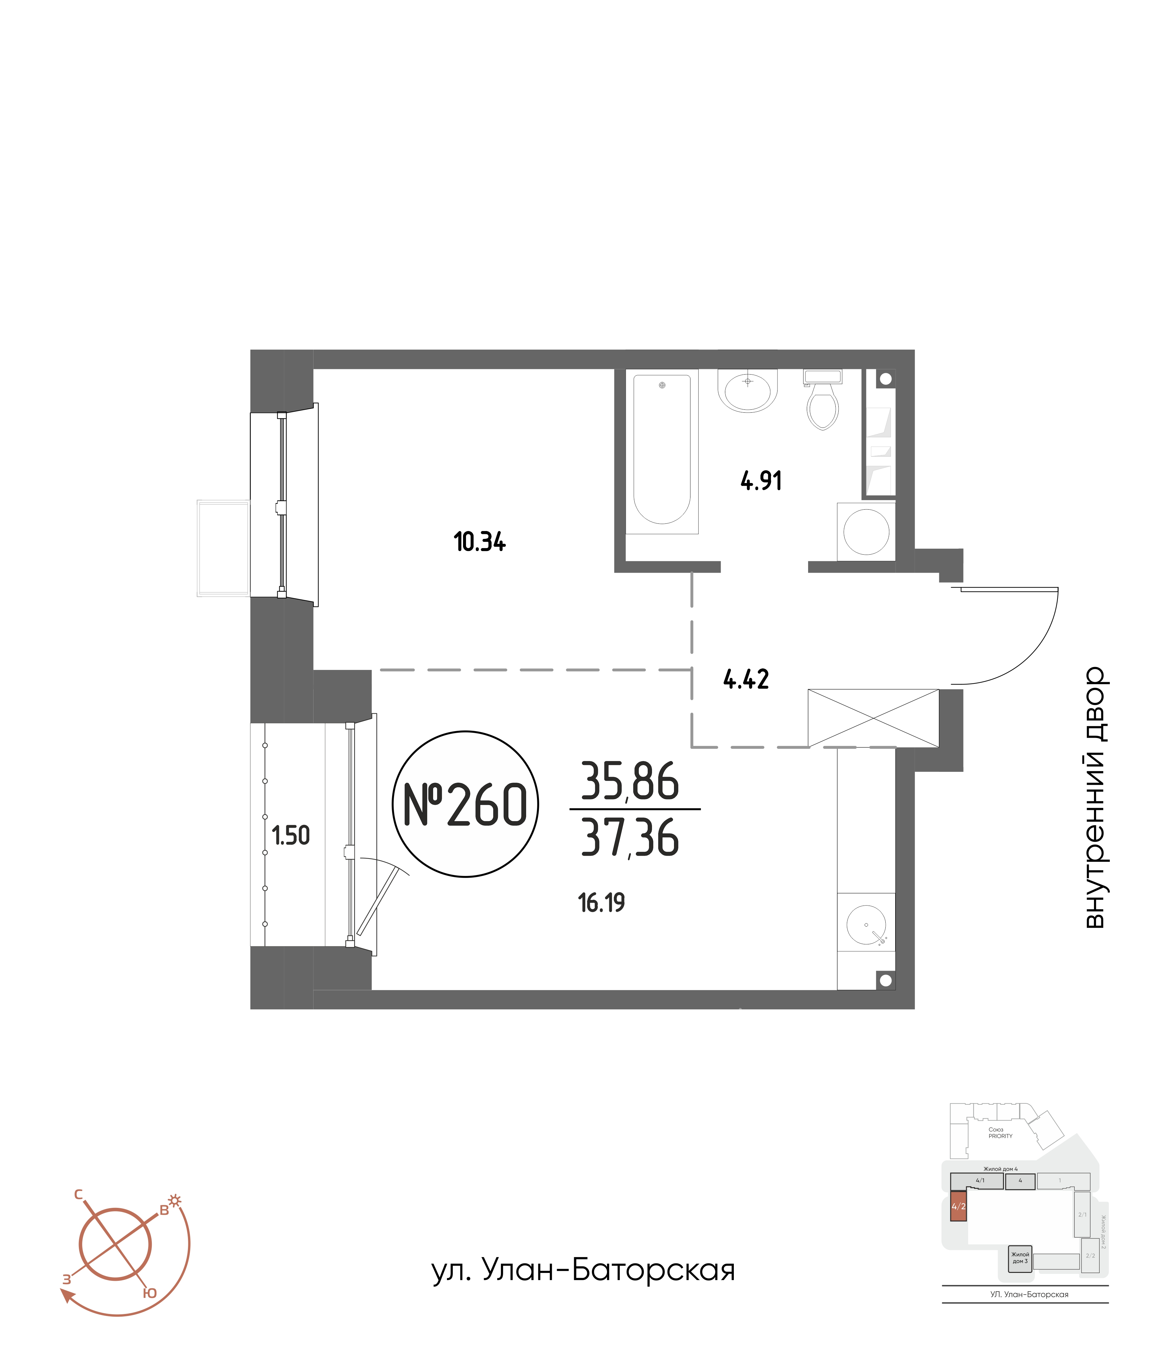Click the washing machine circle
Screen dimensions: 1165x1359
tap(866, 532)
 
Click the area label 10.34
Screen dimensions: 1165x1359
tap(479, 542)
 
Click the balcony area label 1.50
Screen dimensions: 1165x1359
tap(291, 836)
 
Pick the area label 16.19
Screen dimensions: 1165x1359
tap(601, 903)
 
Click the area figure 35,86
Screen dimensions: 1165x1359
tap(630, 782)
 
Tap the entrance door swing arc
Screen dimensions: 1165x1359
tap(1030, 656)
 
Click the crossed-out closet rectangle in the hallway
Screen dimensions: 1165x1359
tap(873, 718)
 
